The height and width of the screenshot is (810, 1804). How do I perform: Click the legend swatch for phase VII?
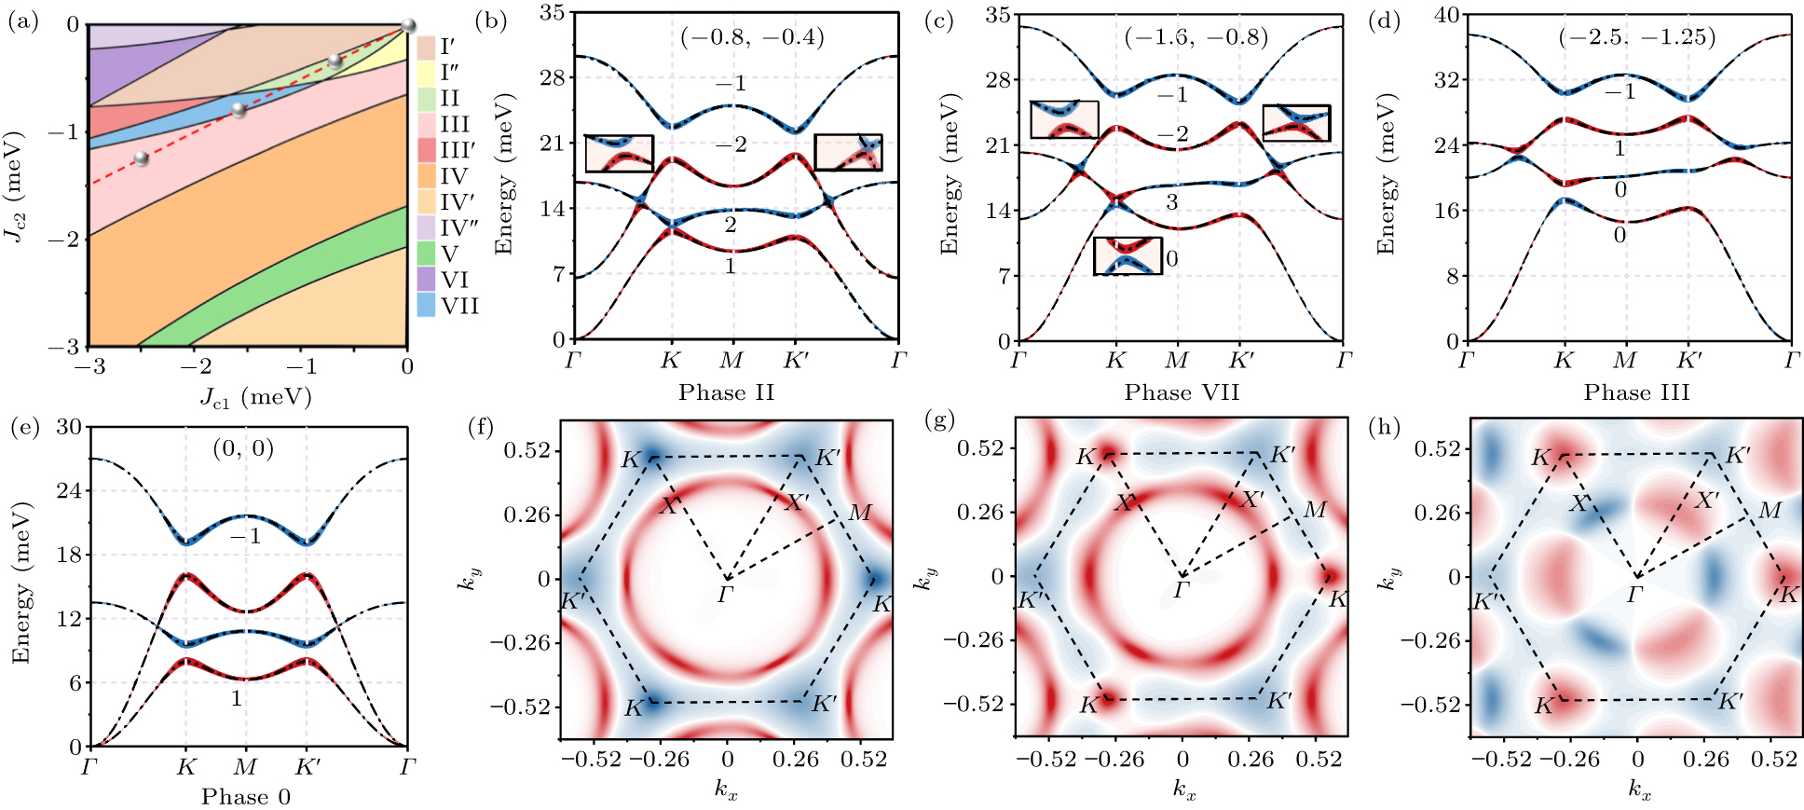[426, 306]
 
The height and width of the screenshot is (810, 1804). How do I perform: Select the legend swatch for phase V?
[426, 254]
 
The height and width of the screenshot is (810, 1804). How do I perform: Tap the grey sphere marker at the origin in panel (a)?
[407, 25]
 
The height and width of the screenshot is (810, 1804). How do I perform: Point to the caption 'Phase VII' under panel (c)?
[1182, 392]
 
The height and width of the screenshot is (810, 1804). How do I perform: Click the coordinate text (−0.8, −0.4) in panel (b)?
[752, 37]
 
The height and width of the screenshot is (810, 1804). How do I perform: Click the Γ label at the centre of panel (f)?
[727, 594]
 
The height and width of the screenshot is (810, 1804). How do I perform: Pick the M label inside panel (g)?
[1315, 510]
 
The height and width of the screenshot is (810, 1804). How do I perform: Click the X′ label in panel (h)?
[1706, 501]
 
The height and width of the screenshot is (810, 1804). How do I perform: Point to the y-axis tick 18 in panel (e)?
[70, 555]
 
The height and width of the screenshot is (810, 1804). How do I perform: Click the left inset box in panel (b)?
[619, 154]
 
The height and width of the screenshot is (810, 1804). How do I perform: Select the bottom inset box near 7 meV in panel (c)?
[1127, 255]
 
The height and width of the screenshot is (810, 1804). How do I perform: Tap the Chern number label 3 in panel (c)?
[1172, 201]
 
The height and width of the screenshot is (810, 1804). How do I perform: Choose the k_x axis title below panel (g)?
[1183, 791]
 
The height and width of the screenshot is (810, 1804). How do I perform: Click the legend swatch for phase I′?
[426, 46]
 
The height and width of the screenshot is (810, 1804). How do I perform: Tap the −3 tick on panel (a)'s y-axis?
[70, 347]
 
